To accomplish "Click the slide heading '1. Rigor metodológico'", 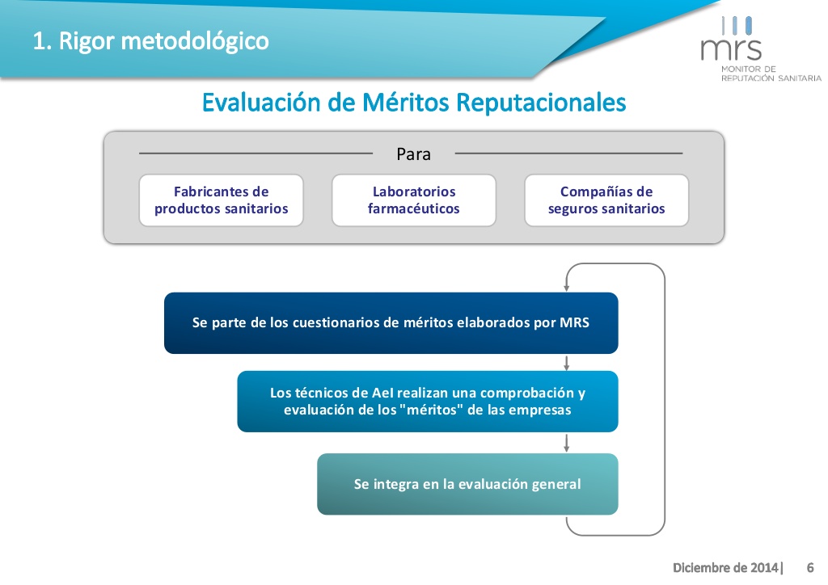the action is [x=151, y=41].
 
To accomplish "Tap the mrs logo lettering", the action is [x=731, y=49].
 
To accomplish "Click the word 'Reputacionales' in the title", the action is [x=541, y=103].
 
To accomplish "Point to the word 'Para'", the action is [x=413, y=154].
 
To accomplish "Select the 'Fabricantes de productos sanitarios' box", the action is [x=222, y=200].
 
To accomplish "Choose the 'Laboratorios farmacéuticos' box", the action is [x=414, y=200].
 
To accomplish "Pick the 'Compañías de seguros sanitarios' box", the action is [x=606, y=200].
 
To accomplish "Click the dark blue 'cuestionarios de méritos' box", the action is [x=391, y=323].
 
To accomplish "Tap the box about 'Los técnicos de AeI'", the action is [x=428, y=402].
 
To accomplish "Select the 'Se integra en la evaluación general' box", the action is [x=468, y=484].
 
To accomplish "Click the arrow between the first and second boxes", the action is [x=567, y=363].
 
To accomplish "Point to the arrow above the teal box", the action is [x=567, y=443].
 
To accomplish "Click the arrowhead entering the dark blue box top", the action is [x=567, y=288].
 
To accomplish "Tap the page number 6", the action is [x=810, y=567].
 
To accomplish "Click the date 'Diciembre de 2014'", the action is [x=725, y=567].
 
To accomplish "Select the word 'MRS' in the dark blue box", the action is [x=575, y=322].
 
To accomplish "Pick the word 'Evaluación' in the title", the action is [x=261, y=103].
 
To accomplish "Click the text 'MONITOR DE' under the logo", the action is [x=748, y=69].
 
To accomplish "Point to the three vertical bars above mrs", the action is [x=737, y=25].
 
